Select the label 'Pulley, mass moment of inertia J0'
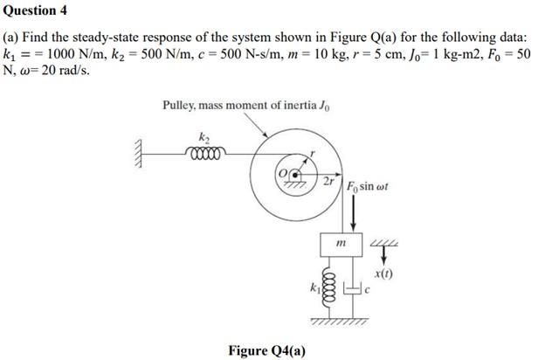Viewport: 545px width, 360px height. pos(246,106)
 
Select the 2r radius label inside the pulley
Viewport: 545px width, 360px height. pos(328,181)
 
